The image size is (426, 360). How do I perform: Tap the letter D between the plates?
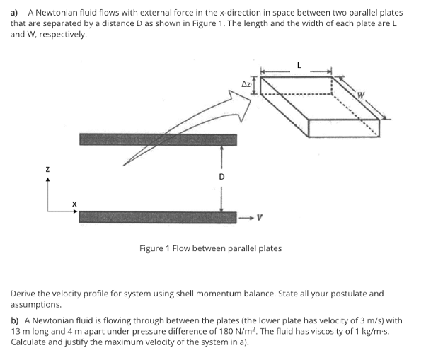coord(221,176)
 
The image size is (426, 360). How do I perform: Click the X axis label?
coord(73,204)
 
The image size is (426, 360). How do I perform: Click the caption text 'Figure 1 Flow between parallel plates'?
coord(210,248)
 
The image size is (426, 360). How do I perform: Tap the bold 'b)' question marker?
coord(15,320)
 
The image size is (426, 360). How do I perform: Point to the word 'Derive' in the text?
coord(24,293)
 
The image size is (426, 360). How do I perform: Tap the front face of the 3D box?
coord(343,127)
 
